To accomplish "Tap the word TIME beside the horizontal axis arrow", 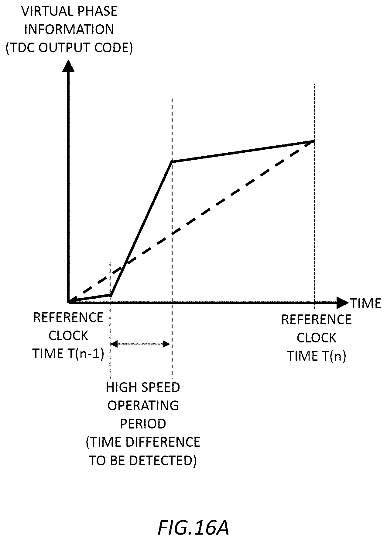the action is [x=366, y=303].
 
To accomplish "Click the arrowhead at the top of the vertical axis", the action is [x=68, y=66].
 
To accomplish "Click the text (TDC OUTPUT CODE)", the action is [x=70, y=48].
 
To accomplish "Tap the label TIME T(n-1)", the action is [x=68, y=354].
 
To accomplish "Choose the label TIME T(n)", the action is [x=317, y=356].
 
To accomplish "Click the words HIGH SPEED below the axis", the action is [x=143, y=387].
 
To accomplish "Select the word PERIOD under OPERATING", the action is [x=143, y=424].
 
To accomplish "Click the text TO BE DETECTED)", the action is [x=143, y=460].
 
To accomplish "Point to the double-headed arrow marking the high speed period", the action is [x=140, y=344].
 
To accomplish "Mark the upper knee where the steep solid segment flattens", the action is [x=172, y=161].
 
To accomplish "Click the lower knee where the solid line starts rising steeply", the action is [x=111, y=295].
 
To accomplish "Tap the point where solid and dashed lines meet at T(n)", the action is [x=314, y=141].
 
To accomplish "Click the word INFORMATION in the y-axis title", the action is [x=69, y=29].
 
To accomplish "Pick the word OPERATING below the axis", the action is [x=143, y=405].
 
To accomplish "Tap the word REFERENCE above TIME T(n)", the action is [x=317, y=320].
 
